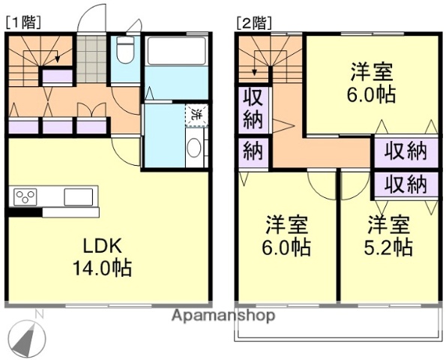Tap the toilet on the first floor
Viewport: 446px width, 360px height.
point(124,54)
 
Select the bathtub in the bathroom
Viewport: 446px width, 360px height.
point(176,52)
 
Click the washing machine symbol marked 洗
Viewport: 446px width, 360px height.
point(196,115)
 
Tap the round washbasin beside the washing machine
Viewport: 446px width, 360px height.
point(193,148)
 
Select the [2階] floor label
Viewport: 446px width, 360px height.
point(253,22)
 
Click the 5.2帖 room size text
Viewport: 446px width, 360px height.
point(389,247)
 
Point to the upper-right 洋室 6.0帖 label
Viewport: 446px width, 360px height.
point(373,84)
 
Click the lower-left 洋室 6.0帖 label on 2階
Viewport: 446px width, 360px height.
point(288,236)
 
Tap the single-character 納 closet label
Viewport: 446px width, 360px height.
point(252,152)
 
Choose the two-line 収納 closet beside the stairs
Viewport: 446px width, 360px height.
point(252,109)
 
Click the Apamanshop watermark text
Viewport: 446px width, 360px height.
point(223,316)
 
